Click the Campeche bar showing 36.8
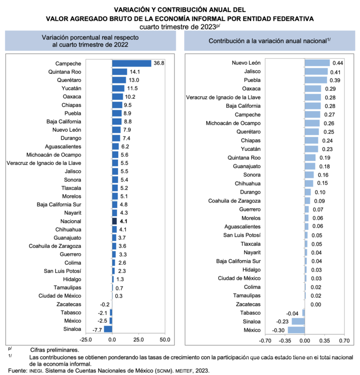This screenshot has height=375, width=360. pos(131,63)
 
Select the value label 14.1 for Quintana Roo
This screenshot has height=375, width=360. pos(134,72)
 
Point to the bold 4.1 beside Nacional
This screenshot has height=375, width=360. pos(124,221)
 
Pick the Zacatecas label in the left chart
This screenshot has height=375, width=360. pos(68,304)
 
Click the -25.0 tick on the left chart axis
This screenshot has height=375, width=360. pos(86,339)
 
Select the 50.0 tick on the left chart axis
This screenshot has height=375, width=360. pos(165,339)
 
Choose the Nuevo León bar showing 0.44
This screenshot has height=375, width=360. pos(317,63)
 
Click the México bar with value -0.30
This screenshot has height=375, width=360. pos(296,330)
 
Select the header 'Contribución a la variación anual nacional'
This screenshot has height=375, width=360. pos(269,41)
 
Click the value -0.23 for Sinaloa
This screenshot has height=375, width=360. pos(281,321)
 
